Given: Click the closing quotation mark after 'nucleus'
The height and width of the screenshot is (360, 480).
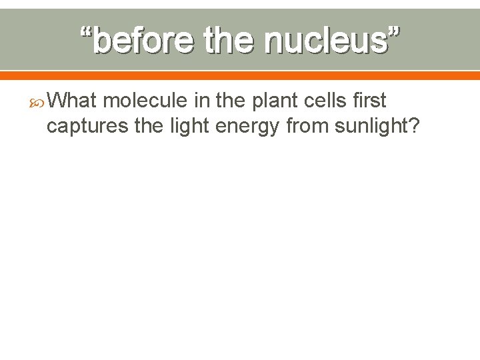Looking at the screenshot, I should [394, 31].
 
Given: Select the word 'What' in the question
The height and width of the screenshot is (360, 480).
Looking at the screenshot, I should [73, 101].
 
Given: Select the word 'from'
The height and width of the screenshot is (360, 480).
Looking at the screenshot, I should [307, 126].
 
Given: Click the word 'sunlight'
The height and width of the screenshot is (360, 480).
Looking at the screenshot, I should [371, 126].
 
